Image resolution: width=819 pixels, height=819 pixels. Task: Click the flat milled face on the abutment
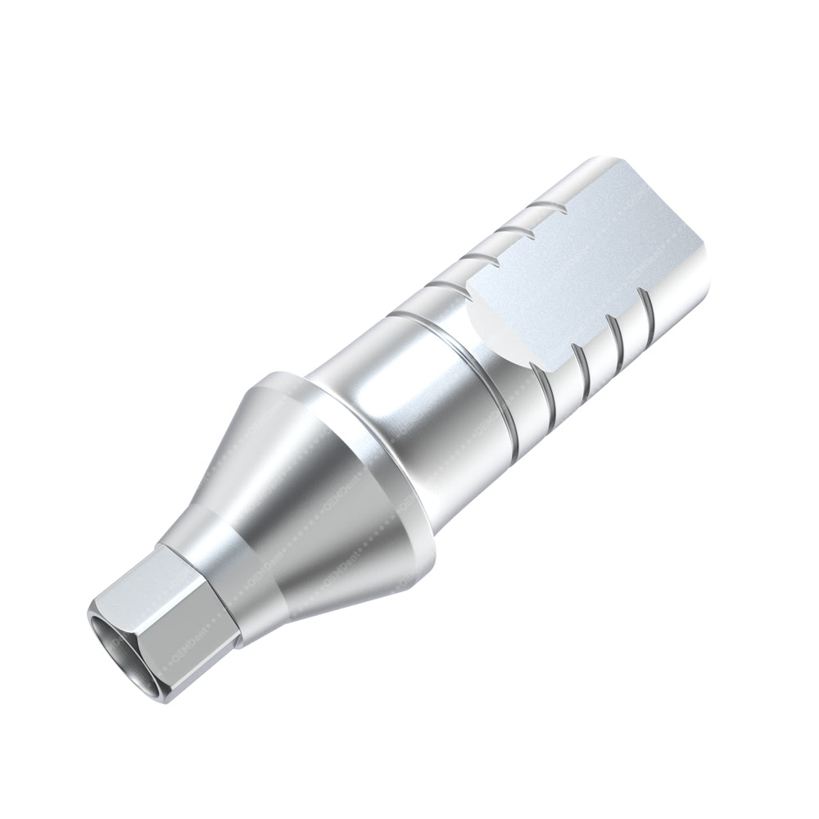tap(590, 270)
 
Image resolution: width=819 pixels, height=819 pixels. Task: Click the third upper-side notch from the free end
tap(483, 259)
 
